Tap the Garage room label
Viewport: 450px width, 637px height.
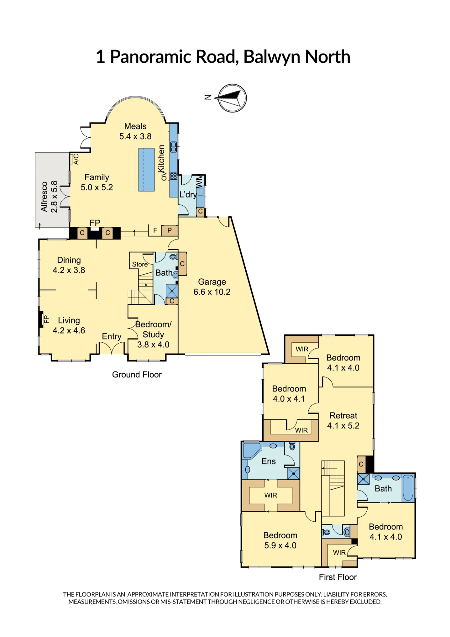(x=212, y=282)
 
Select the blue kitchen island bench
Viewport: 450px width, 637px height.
(x=146, y=170)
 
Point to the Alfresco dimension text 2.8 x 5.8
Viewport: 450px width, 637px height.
(x=54, y=197)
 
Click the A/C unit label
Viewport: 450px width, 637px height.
(x=76, y=159)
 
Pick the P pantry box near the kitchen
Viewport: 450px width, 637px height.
(x=169, y=230)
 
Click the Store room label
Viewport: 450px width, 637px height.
(x=140, y=264)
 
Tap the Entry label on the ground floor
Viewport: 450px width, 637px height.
(x=111, y=336)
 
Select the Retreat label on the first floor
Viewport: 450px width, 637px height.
(x=343, y=415)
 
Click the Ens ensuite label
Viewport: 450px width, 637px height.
(x=269, y=461)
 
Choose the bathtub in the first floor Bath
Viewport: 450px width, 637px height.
(x=408, y=488)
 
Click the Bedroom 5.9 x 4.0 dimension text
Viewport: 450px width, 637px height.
(x=280, y=545)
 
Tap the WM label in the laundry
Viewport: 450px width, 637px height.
(x=200, y=181)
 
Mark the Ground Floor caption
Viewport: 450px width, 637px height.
(x=137, y=375)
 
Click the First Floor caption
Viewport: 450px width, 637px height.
(x=338, y=577)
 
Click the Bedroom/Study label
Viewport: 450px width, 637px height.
(x=153, y=329)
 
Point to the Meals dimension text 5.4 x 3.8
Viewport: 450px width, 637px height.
(x=135, y=136)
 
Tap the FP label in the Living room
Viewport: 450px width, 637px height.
(x=46, y=319)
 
